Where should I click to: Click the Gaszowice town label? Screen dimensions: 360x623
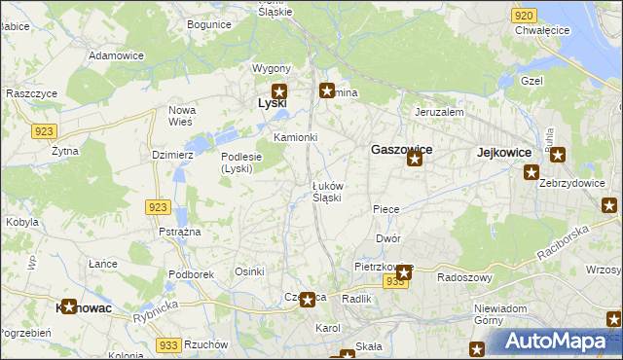click(401, 150)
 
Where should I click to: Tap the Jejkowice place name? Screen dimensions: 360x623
click(504, 153)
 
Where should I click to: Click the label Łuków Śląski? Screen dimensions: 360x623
click(326, 191)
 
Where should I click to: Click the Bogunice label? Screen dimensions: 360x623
click(209, 23)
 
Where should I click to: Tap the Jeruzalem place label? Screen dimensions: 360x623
click(438, 112)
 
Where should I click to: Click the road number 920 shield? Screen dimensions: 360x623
click(523, 16)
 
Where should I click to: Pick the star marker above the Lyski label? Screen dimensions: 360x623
click(278, 91)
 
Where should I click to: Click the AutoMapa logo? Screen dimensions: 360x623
click(555, 341)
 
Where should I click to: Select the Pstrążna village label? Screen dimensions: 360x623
click(179, 233)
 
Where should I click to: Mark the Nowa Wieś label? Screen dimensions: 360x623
click(183, 116)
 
